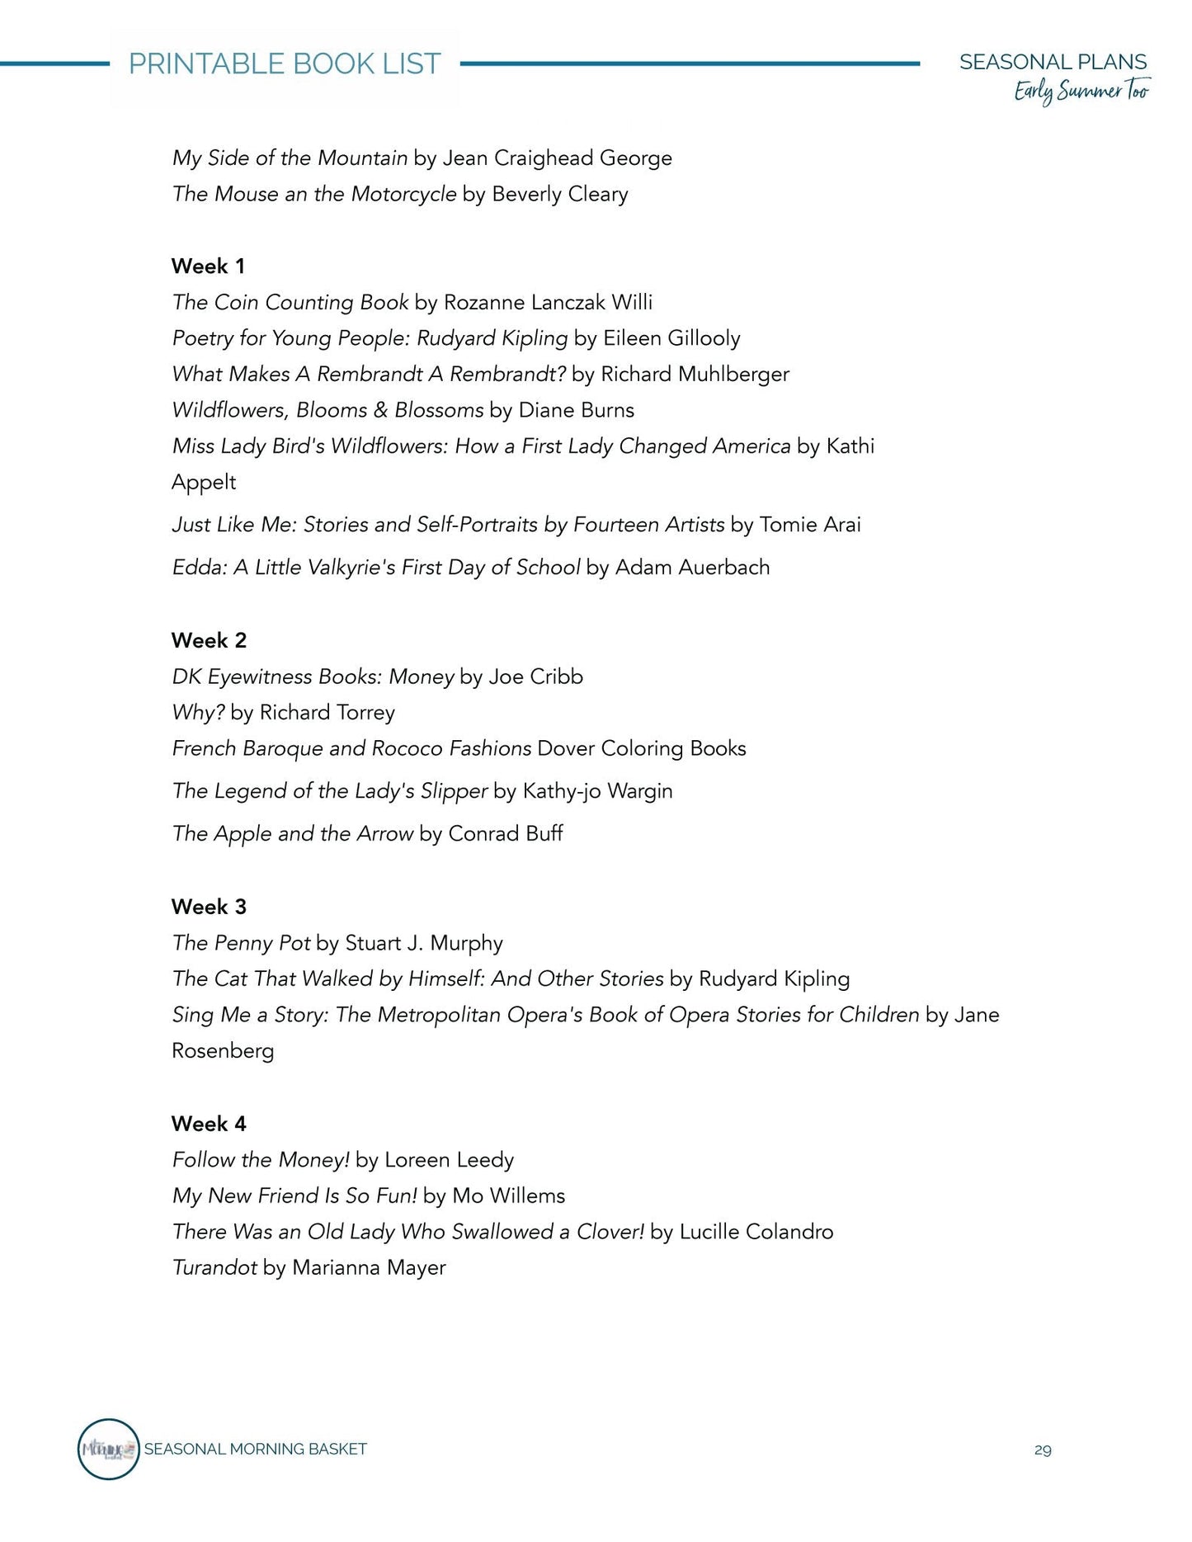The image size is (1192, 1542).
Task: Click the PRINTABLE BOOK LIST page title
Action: point(285,64)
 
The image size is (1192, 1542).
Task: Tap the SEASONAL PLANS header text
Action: point(1053,62)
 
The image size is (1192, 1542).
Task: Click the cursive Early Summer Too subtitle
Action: point(1081,91)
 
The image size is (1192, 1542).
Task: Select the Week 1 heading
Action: point(208,266)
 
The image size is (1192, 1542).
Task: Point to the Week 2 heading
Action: point(209,640)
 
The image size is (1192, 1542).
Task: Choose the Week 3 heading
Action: point(209,907)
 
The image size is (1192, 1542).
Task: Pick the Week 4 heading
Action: point(209,1124)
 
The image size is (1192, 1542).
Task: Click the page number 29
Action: point(1043,1450)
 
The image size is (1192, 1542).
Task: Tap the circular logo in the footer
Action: point(108,1449)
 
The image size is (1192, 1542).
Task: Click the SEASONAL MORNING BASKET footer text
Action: point(256,1449)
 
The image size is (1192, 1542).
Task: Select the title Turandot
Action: point(214,1267)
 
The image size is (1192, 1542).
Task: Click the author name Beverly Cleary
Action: point(560,194)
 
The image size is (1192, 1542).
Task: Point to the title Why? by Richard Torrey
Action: point(198,712)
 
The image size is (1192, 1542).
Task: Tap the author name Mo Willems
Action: point(508,1195)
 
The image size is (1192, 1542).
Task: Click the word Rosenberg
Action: point(223,1050)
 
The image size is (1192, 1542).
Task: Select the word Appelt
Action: point(204,482)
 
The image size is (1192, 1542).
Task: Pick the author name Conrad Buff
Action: point(506,833)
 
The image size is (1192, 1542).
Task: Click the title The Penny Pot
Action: point(242,942)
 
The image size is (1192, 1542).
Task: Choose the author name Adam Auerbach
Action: point(692,567)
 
